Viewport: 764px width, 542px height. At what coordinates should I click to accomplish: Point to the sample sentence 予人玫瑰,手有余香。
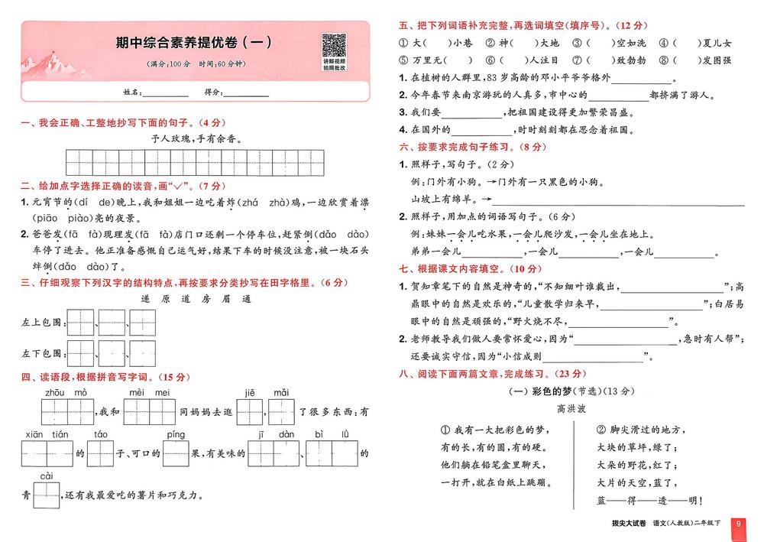[x=196, y=139]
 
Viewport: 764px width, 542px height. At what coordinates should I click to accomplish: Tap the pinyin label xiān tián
[x=47, y=434]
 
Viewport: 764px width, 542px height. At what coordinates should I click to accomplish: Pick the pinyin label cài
[x=47, y=476]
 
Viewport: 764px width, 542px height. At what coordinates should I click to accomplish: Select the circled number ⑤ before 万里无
[x=404, y=60]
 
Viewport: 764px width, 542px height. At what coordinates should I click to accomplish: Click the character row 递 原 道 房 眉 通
[x=196, y=299]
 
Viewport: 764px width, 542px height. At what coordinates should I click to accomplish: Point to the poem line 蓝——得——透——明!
[x=639, y=500]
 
